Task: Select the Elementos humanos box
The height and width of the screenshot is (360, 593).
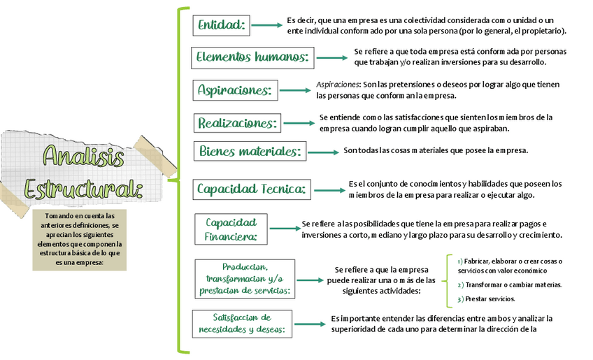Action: [253, 57]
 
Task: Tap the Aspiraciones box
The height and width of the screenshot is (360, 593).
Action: [236, 90]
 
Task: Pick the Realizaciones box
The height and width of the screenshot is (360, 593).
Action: [238, 123]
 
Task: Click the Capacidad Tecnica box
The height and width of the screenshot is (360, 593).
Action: [252, 189]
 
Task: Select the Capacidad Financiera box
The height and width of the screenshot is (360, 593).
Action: [231, 229]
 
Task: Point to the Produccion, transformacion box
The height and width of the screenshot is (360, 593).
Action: [245, 279]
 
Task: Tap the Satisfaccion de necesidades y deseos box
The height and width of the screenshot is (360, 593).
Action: [242, 324]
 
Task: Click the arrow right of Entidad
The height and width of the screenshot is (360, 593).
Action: [266, 25]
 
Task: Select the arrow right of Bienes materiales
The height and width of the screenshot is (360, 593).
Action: [323, 152]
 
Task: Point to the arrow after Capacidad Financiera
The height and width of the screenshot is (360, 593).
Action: [285, 228]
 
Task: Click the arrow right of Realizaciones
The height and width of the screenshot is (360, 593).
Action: [299, 123]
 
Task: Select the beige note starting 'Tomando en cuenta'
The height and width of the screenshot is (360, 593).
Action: [78, 239]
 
